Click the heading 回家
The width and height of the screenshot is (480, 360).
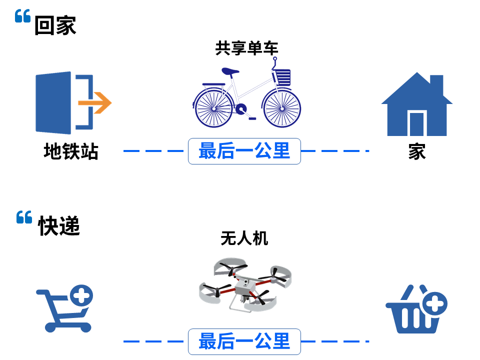(55, 25)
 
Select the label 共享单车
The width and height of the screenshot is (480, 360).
(246, 48)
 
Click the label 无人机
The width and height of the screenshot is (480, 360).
(244, 238)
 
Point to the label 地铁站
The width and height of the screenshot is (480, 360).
(70, 151)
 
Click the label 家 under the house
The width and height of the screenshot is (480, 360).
(416, 151)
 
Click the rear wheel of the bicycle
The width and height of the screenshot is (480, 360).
(213, 108)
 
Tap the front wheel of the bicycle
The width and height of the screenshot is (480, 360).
(282, 108)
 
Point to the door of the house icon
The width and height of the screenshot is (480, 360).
(416, 123)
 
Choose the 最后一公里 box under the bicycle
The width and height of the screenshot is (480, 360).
(244, 151)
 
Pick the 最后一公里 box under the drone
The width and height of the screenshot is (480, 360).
(244, 341)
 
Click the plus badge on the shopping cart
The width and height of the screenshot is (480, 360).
(81, 295)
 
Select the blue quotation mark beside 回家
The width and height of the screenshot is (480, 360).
(23, 17)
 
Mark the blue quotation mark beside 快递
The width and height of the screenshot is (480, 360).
(24, 217)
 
